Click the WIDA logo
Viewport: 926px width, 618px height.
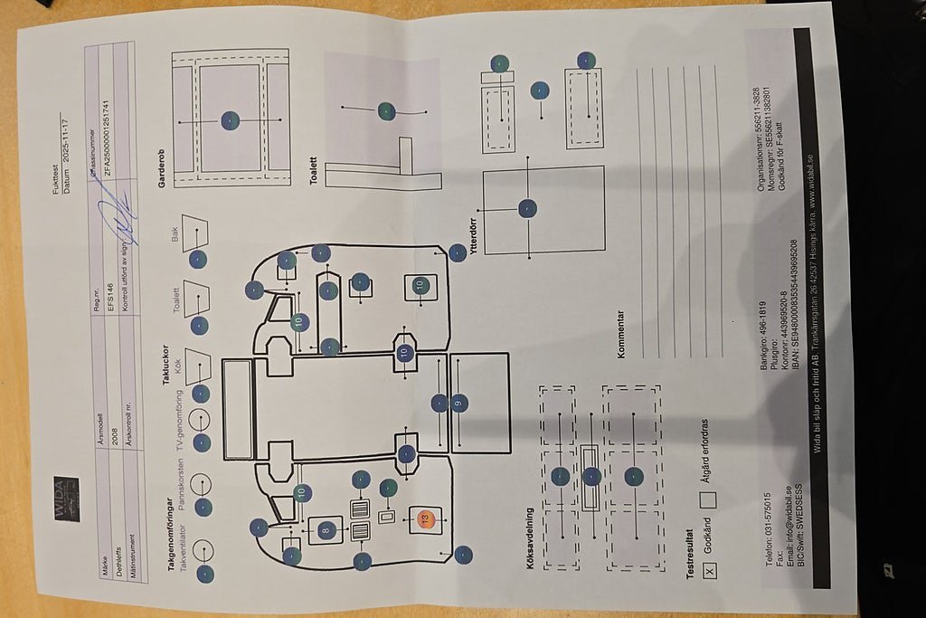click(x=66, y=499)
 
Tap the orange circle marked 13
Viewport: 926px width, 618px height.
click(x=425, y=518)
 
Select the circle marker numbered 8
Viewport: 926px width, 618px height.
click(x=326, y=529)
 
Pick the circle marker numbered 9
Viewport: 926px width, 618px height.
click(x=459, y=404)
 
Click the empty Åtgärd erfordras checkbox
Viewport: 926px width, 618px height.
click(x=708, y=499)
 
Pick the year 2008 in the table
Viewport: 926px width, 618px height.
click(x=116, y=420)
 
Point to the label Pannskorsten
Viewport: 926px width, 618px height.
click(x=179, y=490)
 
